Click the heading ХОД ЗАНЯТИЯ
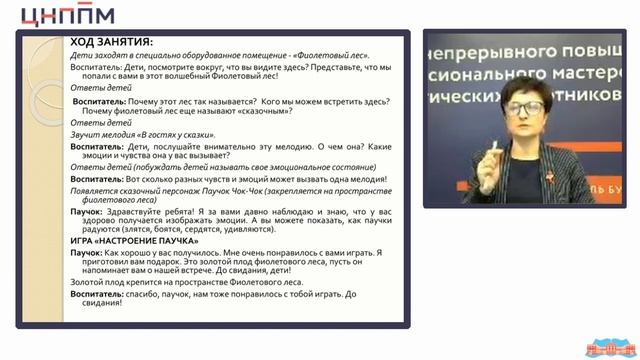coord(110,42)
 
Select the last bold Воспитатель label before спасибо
coord(99,295)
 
